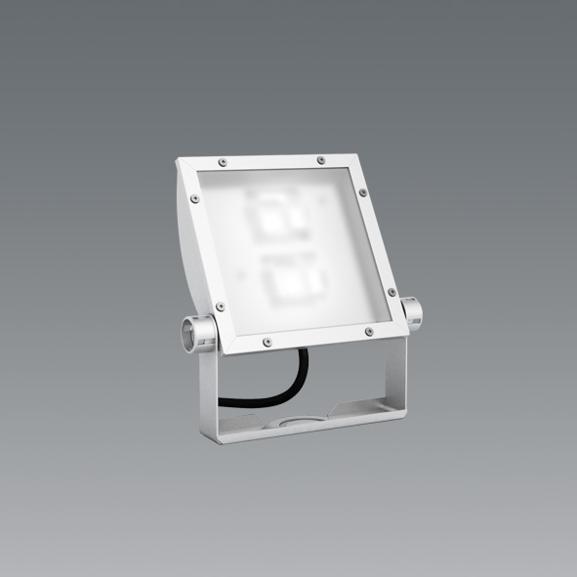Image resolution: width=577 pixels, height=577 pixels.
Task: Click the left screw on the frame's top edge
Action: (224, 160)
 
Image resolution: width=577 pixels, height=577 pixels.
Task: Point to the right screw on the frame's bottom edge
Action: (368, 332)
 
